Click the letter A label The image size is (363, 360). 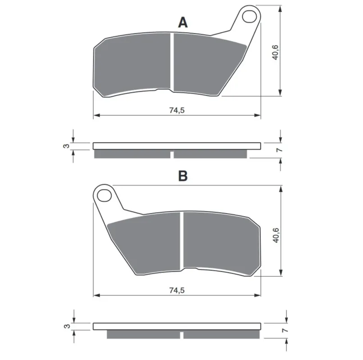tap(183, 22)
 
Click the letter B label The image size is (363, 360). tap(183, 176)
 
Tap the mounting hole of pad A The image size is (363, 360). tap(250, 16)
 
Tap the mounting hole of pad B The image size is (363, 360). tap(104, 196)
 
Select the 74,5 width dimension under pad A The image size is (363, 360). tap(177, 110)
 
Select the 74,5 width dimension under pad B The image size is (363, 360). tap(177, 290)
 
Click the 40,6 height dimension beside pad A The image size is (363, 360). tap(276, 53)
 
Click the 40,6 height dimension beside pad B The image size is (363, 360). tap(276, 235)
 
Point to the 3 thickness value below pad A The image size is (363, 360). tap(67, 146)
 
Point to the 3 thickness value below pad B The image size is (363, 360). tap(67, 326)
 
